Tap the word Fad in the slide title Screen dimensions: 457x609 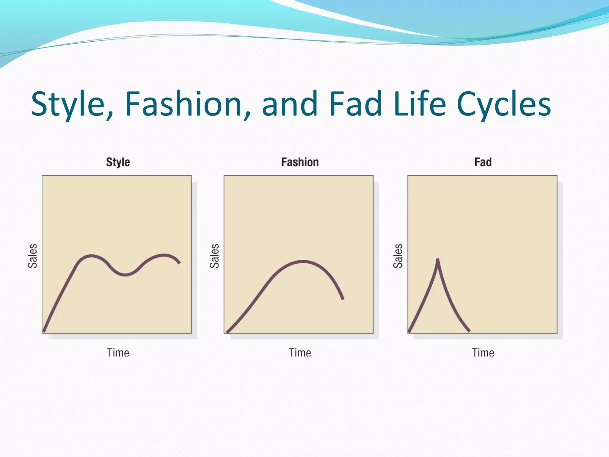coord(356,104)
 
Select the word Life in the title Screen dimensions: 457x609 coord(420,104)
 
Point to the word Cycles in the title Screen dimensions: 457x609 coord(504,104)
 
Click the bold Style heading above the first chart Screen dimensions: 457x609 coord(118,162)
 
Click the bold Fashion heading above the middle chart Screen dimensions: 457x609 coord(300,162)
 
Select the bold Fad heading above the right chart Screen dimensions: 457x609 coord(483,162)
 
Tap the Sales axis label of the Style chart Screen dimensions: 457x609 coord(32,256)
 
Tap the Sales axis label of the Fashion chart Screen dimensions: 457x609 coord(214,256)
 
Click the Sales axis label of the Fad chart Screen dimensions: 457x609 coord(398,256)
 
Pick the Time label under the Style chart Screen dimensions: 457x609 coord(118,353)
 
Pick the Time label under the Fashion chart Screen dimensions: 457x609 coord(300,353)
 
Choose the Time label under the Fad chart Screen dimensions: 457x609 coord(483,353)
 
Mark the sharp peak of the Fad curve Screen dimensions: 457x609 coord(438,260)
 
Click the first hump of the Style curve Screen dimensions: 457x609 coord(91,256)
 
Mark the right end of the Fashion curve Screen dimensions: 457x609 coord(343,298)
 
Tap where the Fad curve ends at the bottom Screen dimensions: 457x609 coord(469,331)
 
